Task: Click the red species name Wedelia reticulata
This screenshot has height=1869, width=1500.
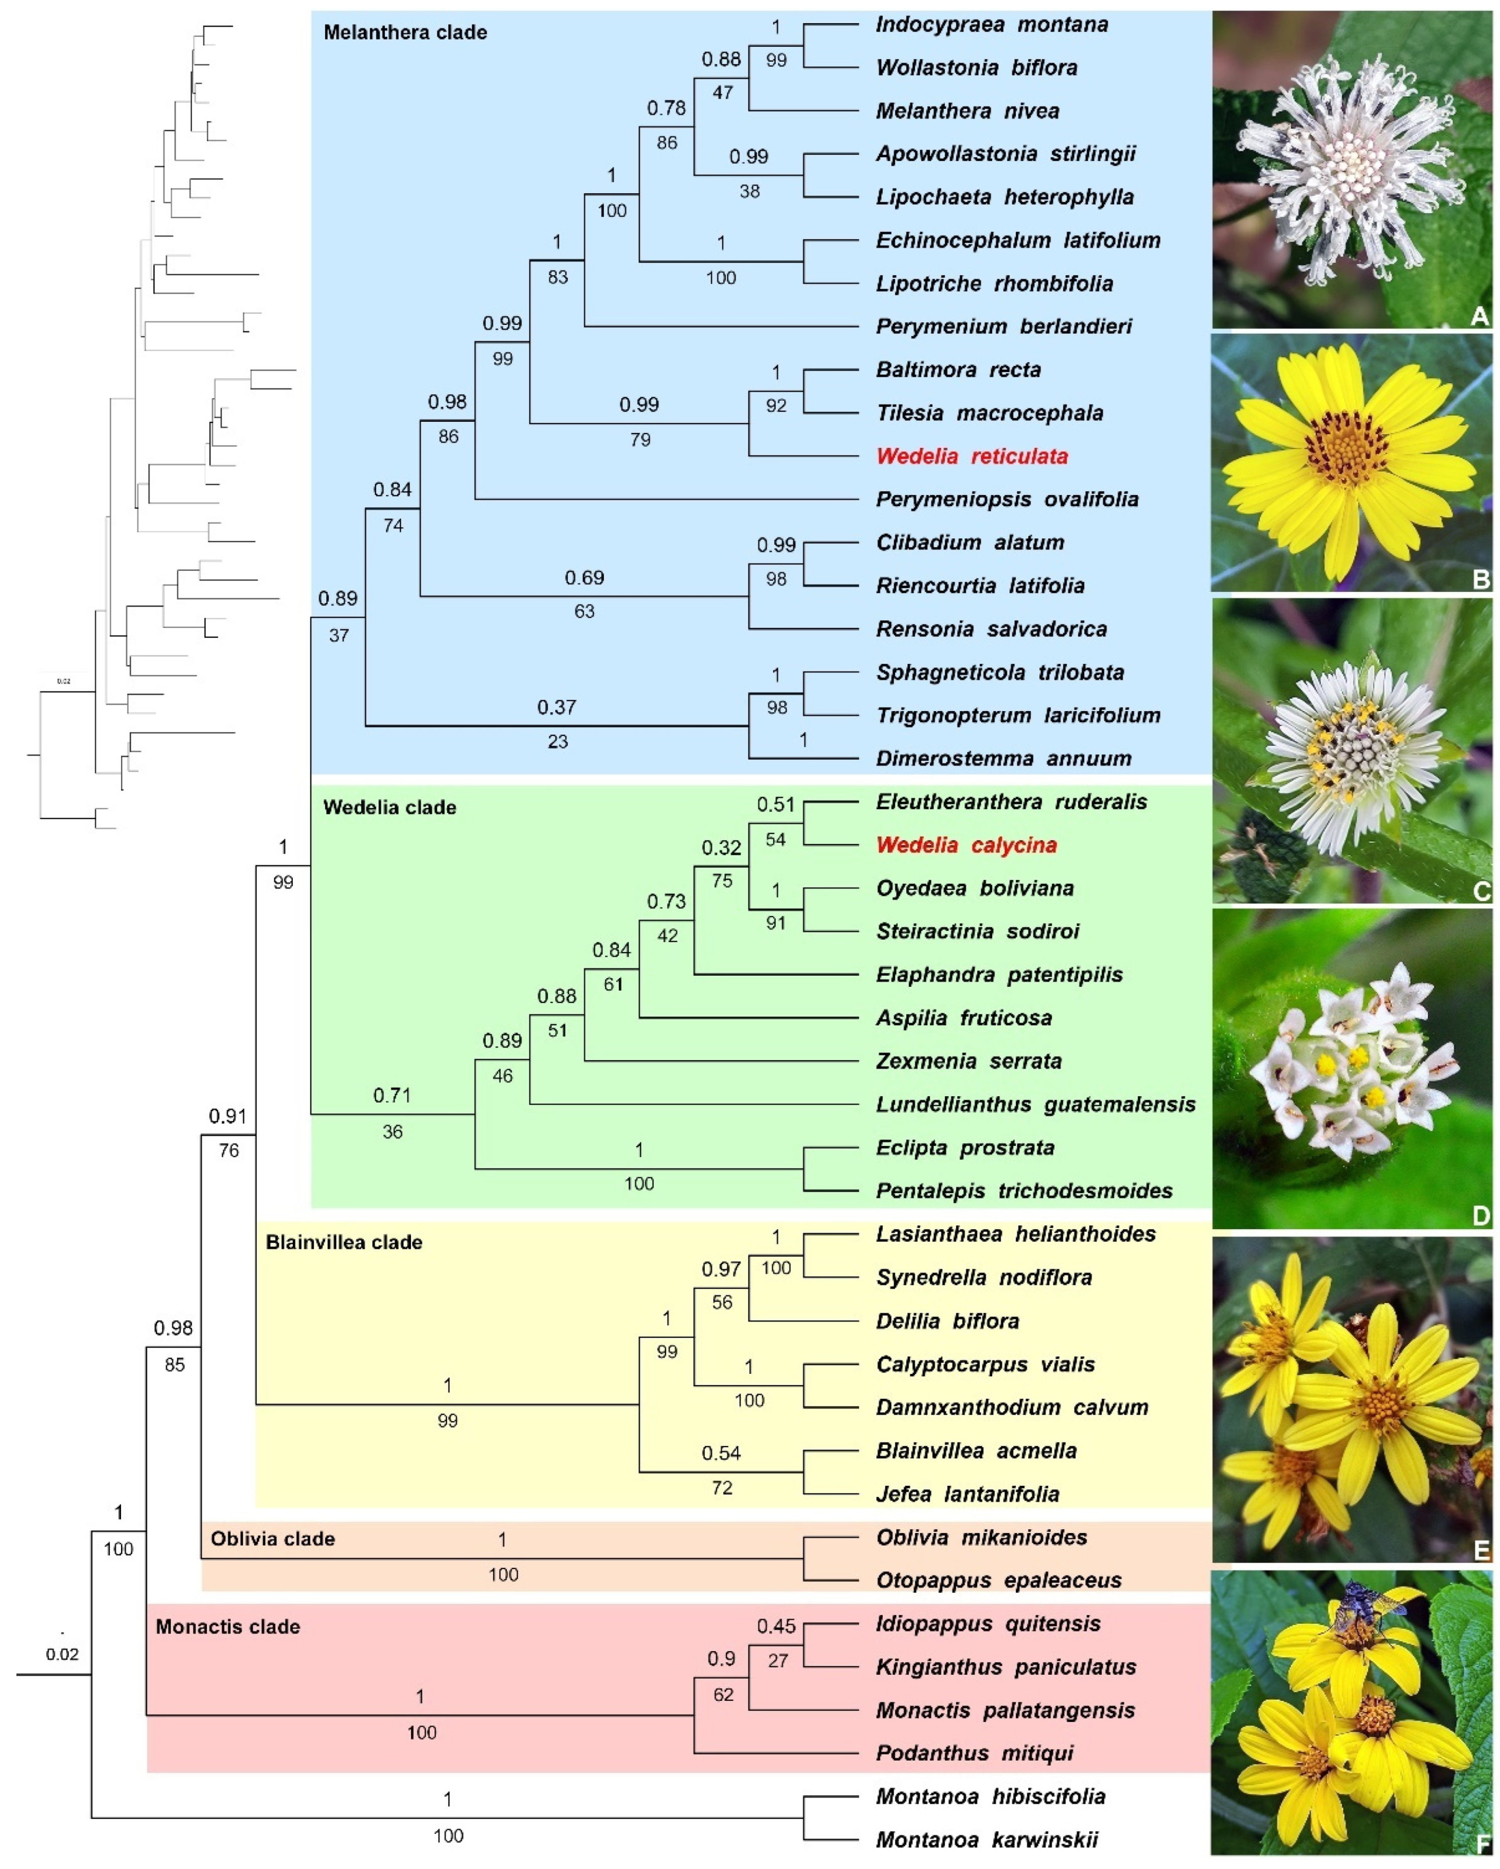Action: [x=971, y=456]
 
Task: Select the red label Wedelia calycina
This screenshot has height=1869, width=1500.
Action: [x=966, y=845]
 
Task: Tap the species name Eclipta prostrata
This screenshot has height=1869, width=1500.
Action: [x=963, y=1148]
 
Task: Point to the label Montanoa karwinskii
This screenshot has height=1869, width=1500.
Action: [x=987, y=1839]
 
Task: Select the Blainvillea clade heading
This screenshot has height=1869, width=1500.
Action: [x=344, y=1242]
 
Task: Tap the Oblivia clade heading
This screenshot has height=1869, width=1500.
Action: [x=272, y=1539]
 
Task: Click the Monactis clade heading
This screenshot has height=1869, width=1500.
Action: [x=227, y=1626]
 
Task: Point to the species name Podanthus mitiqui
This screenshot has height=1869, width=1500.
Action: [x=975, y=1753]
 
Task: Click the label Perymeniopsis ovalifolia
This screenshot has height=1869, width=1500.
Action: [x=1007, y=499]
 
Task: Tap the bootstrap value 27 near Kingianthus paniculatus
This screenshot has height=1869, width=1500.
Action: [x=778, y=1661]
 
